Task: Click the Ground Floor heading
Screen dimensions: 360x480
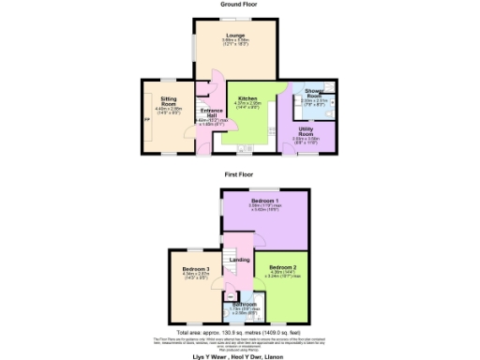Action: [239, 5]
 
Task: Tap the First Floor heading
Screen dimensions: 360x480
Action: [239, 174]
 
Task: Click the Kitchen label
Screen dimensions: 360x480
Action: [247, 97]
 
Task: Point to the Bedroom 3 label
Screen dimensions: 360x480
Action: [196, 269]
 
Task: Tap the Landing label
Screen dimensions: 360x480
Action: [240, 260]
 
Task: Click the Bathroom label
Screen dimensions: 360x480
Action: [245, 304]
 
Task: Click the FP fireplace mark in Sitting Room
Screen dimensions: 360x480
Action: [145, 119]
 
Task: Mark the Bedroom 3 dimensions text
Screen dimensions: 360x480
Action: [196, 276]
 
